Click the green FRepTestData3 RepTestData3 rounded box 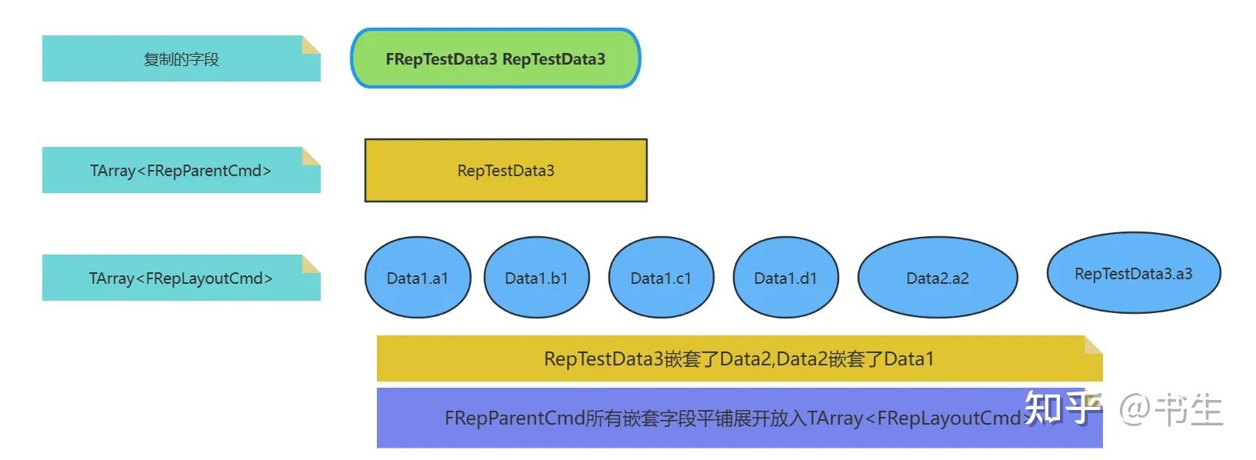point(495,58)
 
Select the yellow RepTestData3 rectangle point(505,171)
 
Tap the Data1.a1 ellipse point(417,278)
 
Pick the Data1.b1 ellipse point(536,278)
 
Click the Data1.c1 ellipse point(661,278)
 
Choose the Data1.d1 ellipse point(785,278)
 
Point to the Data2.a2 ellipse point(937,278)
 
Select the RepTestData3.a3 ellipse point(1133,273)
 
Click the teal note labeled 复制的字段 point(181,59)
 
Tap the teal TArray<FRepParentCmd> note point(181,171)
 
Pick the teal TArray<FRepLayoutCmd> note point(181,278)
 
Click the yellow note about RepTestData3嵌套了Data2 point(738,358)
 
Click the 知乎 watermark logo point(1061,408)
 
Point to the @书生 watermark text point(1170,409)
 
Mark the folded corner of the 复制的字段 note point(311,45)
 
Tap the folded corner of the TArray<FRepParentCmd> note point(311,156)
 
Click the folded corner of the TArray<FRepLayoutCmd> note point(311,264)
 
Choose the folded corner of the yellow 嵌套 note point(1093,345)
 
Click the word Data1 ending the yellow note point(908,358)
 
